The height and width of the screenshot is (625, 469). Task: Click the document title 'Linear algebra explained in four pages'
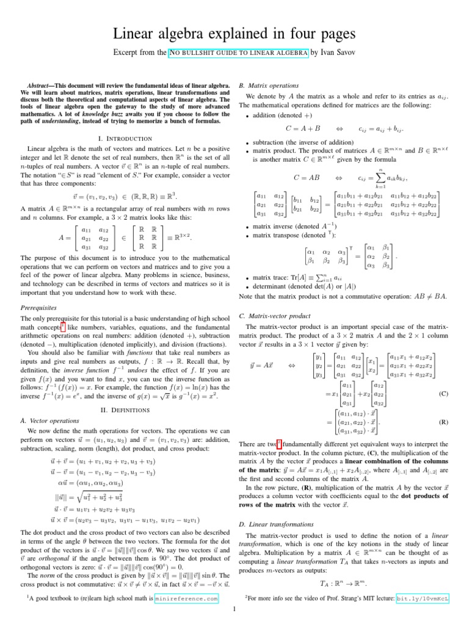tap(234, 32)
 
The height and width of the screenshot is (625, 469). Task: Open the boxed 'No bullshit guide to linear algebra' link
tap(238, 53)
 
